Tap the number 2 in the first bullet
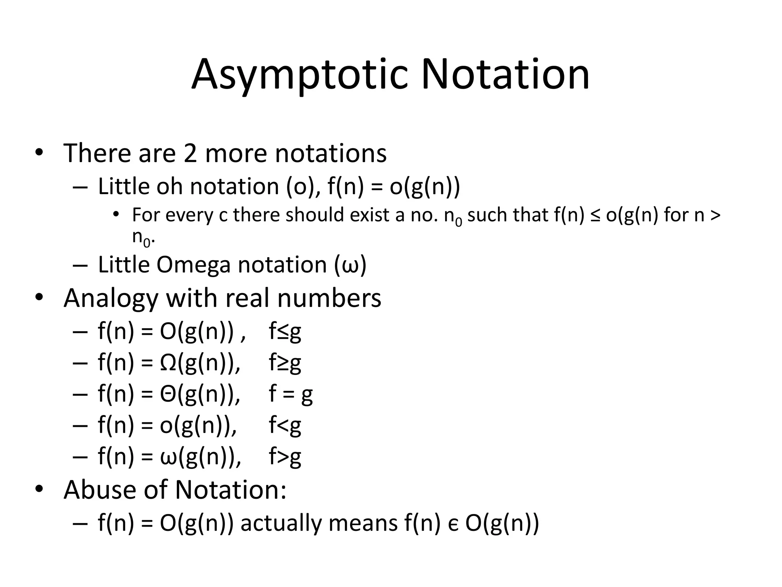[190, 153]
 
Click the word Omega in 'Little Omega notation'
[194, 265]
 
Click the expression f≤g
[285, 331]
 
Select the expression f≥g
[285, 363]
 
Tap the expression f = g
[291, 394]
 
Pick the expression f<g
[285, 425]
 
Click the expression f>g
[285, 456]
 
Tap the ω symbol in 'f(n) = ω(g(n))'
[168, 457]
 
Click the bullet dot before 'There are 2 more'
[39, 153]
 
